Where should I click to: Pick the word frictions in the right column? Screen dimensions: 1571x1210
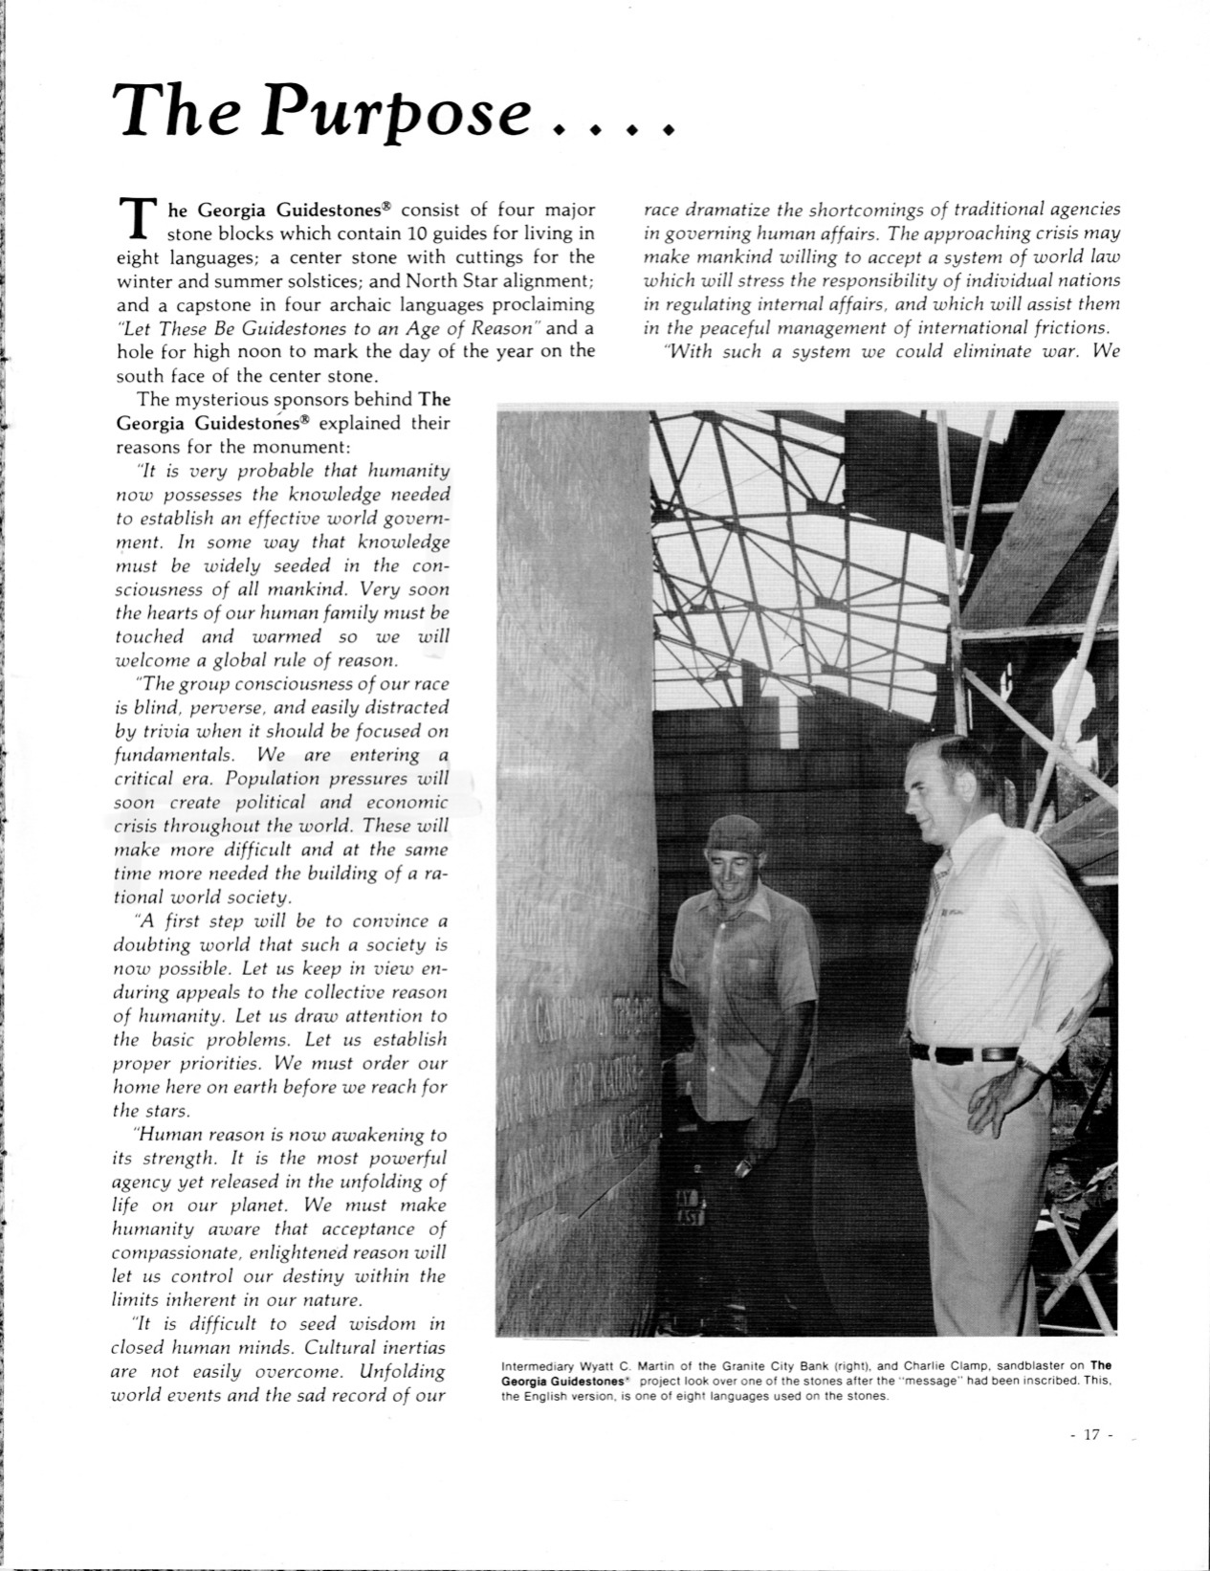tap(1062, 328)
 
